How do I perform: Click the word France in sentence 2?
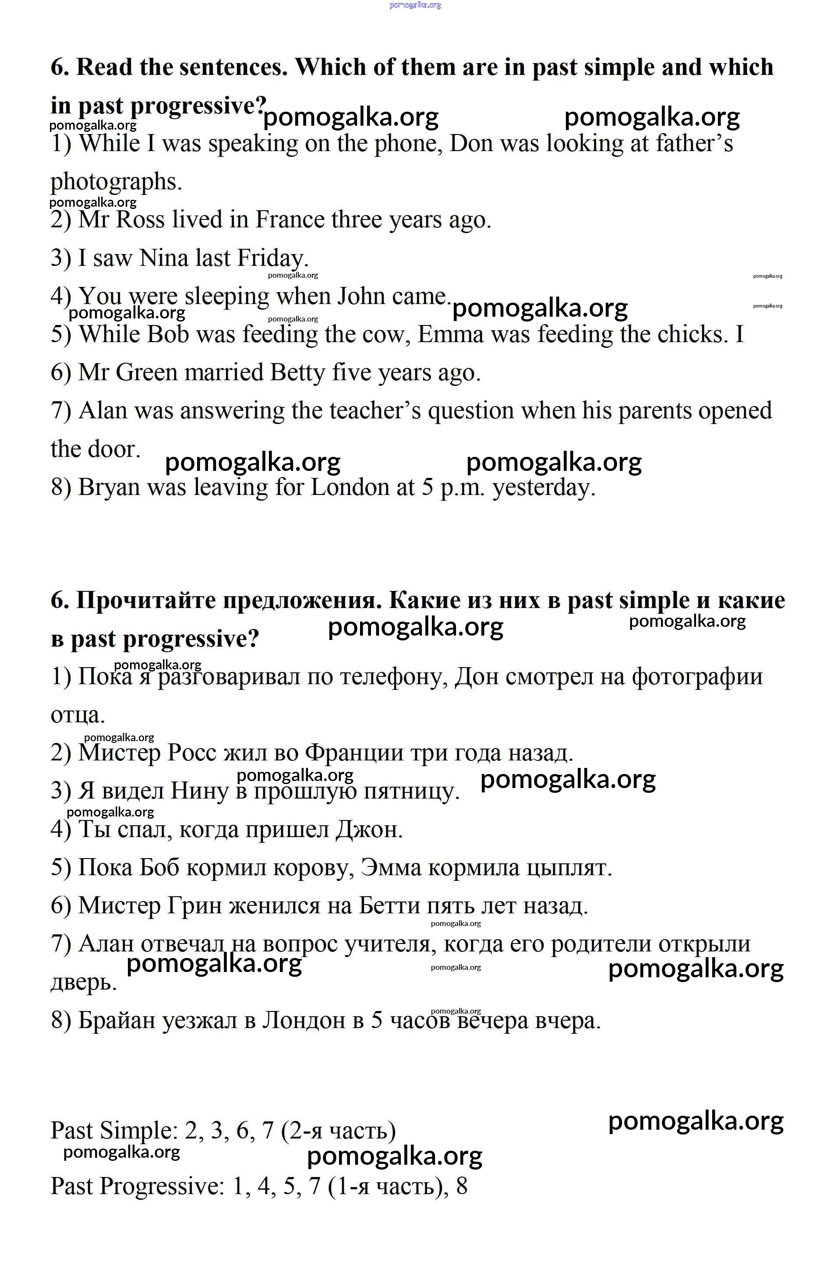coord(290,220)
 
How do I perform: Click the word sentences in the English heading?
coord(233,67)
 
